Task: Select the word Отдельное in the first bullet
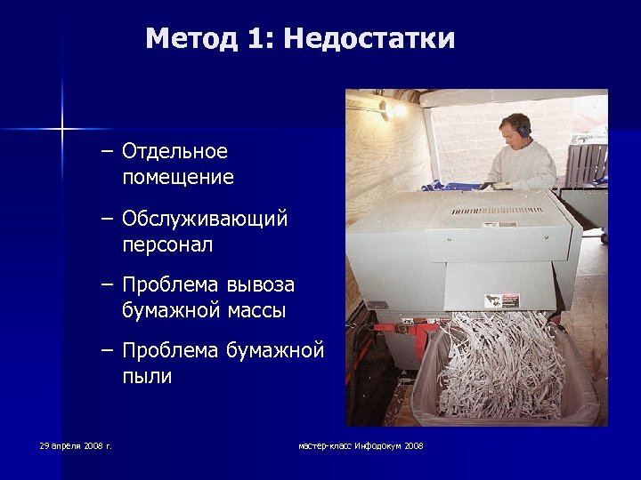[175, 152]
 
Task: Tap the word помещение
[178, 178]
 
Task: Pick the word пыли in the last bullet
[147, 377]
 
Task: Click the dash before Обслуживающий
[108, 219]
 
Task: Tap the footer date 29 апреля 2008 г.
[76, 444]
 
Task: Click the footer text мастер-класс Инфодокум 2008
[361, 444]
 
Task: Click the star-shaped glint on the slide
[62, 130]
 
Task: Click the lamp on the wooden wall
[386, 108]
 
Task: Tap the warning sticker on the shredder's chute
[495, 300]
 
